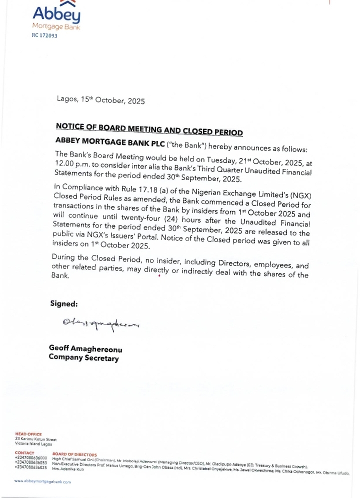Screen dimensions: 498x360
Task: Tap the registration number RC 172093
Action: tap(44, 36)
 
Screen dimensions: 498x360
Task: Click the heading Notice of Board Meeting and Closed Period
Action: tap(149, 128)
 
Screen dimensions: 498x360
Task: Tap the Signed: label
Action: tap(63, 303)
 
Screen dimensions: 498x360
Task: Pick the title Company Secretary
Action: tap(83, 357)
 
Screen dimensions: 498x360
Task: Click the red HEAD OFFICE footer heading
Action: tap(28, 434)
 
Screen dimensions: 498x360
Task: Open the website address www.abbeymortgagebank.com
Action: tap(42, 481)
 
